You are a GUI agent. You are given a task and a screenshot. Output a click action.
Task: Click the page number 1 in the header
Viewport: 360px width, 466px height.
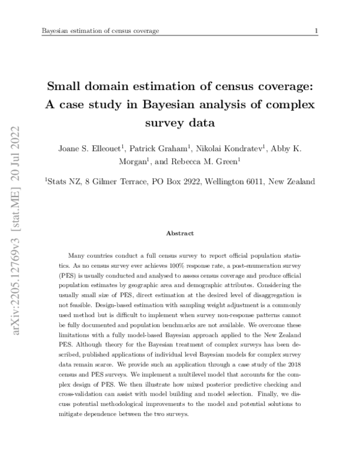316,31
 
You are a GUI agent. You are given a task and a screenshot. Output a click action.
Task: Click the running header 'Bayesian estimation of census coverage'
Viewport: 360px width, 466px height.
100,31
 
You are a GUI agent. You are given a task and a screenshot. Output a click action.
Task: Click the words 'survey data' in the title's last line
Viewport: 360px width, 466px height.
180,123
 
